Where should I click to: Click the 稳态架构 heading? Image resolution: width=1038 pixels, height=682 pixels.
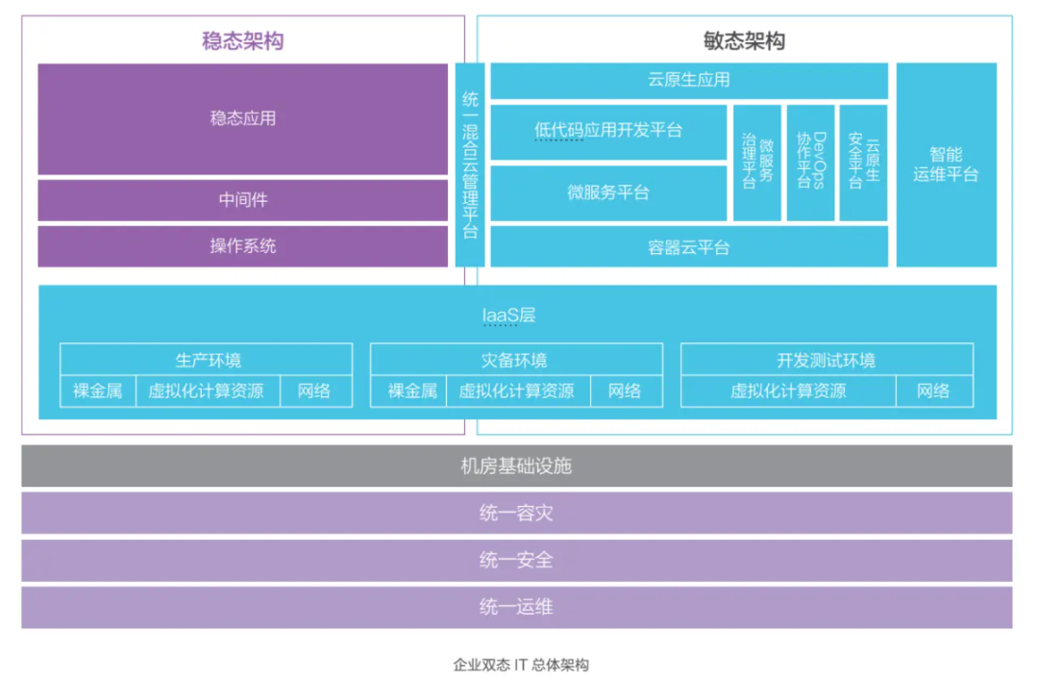tap(242, 40)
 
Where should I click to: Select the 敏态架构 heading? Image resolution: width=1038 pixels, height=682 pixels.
tap(744, 40)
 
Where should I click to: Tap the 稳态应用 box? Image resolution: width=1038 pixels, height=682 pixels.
tap(242, 118)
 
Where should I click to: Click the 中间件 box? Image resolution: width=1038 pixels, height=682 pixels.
tap(242, 200)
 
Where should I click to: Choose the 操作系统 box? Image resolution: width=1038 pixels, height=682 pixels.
tap(242, 245)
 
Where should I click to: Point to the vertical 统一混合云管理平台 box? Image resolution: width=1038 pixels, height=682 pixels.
tap(469, 164)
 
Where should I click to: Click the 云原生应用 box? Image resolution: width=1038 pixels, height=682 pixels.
tap(688, 81)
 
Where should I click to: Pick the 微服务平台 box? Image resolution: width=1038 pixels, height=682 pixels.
tap(607, 192)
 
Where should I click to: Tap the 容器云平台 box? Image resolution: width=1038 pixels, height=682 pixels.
tap(688, 247)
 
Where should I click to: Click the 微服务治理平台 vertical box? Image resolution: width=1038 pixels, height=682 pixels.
tap(757, 163)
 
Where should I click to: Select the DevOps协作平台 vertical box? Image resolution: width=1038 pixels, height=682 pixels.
tap(810, 163)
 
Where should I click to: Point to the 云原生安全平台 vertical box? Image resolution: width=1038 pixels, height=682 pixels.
tap(863, 163)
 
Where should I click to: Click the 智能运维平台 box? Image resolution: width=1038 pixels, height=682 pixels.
tap(946, 164)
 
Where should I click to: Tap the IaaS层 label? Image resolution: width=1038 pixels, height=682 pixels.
tap(508, 315)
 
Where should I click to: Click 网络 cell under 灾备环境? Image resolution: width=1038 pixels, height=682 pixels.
tap(624, 391)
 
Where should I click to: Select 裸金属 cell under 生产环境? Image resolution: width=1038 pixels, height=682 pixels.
tap(97, 391)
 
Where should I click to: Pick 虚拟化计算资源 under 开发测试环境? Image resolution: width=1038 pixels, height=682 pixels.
tap(788, 391)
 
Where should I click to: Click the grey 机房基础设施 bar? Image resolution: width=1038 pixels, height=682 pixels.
tap(516, 467)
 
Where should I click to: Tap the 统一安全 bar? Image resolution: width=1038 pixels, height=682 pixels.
tap(516, 560)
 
